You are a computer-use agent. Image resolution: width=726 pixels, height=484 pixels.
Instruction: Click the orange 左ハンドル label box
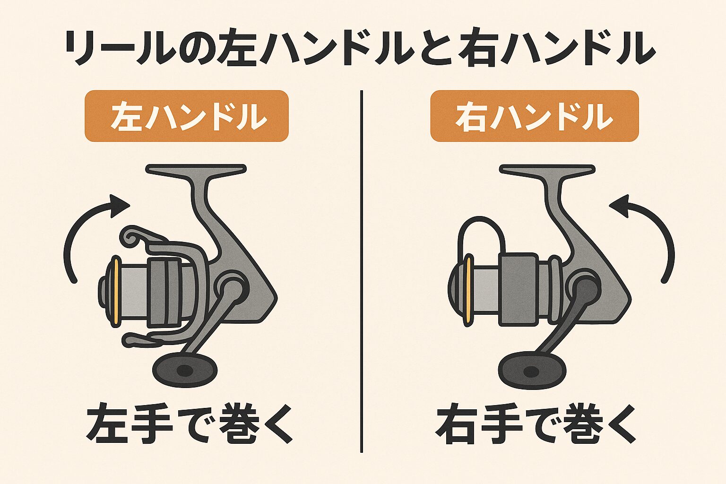186,116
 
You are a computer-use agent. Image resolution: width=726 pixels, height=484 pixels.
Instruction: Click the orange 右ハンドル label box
534,116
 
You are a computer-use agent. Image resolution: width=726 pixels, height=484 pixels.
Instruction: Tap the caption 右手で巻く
536,422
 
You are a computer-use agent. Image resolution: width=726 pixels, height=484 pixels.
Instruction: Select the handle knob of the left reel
185,369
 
